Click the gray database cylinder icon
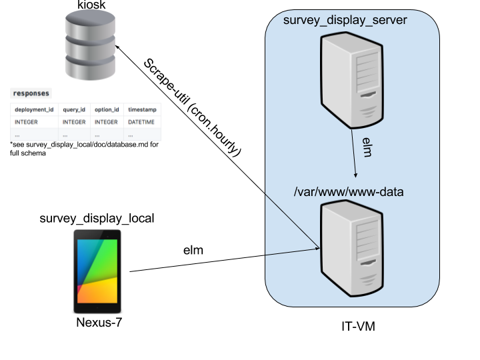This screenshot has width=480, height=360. click(x=90, y=45)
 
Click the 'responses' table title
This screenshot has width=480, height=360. click(x=31, y=93)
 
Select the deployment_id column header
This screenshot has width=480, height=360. click(x=34, y=109)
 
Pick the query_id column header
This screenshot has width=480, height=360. click(x=74, y=109)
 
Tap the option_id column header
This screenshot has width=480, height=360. click(x=107, y=109)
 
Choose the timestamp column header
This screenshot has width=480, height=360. click(x=141, y=109)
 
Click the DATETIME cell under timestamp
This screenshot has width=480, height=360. click(x=141, y=122)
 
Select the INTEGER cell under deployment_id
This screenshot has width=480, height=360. click(x=27, y=122)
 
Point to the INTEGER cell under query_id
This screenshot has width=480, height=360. click(x=74, y=122)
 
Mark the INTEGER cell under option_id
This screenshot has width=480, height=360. click(x=106, y=122)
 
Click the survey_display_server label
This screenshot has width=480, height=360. click(x=345, y=20)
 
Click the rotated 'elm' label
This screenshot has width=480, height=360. click(x=366, y=147)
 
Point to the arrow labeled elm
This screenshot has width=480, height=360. click(x=354, y=153)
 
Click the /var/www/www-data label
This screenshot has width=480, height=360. click(x=349, y=192)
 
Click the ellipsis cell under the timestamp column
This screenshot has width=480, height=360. click(x=131, y=135)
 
